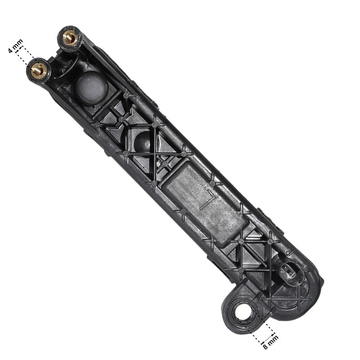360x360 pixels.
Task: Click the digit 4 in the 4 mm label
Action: click(10, 50)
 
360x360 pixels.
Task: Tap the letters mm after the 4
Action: click(18, 44)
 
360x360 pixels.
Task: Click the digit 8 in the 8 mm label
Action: click(265, 346)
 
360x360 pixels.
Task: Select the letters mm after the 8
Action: click(273, 339)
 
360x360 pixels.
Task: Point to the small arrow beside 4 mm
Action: click(19, 49)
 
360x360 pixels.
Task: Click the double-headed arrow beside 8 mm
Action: click(268, 338)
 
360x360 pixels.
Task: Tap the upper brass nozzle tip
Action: click(70, 38)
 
